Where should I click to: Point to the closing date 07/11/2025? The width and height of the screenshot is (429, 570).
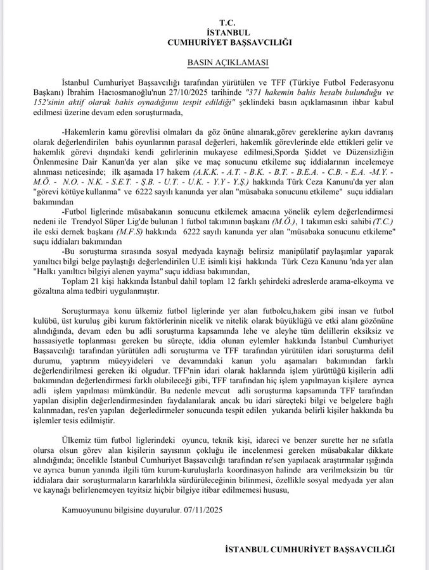point(202,509)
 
